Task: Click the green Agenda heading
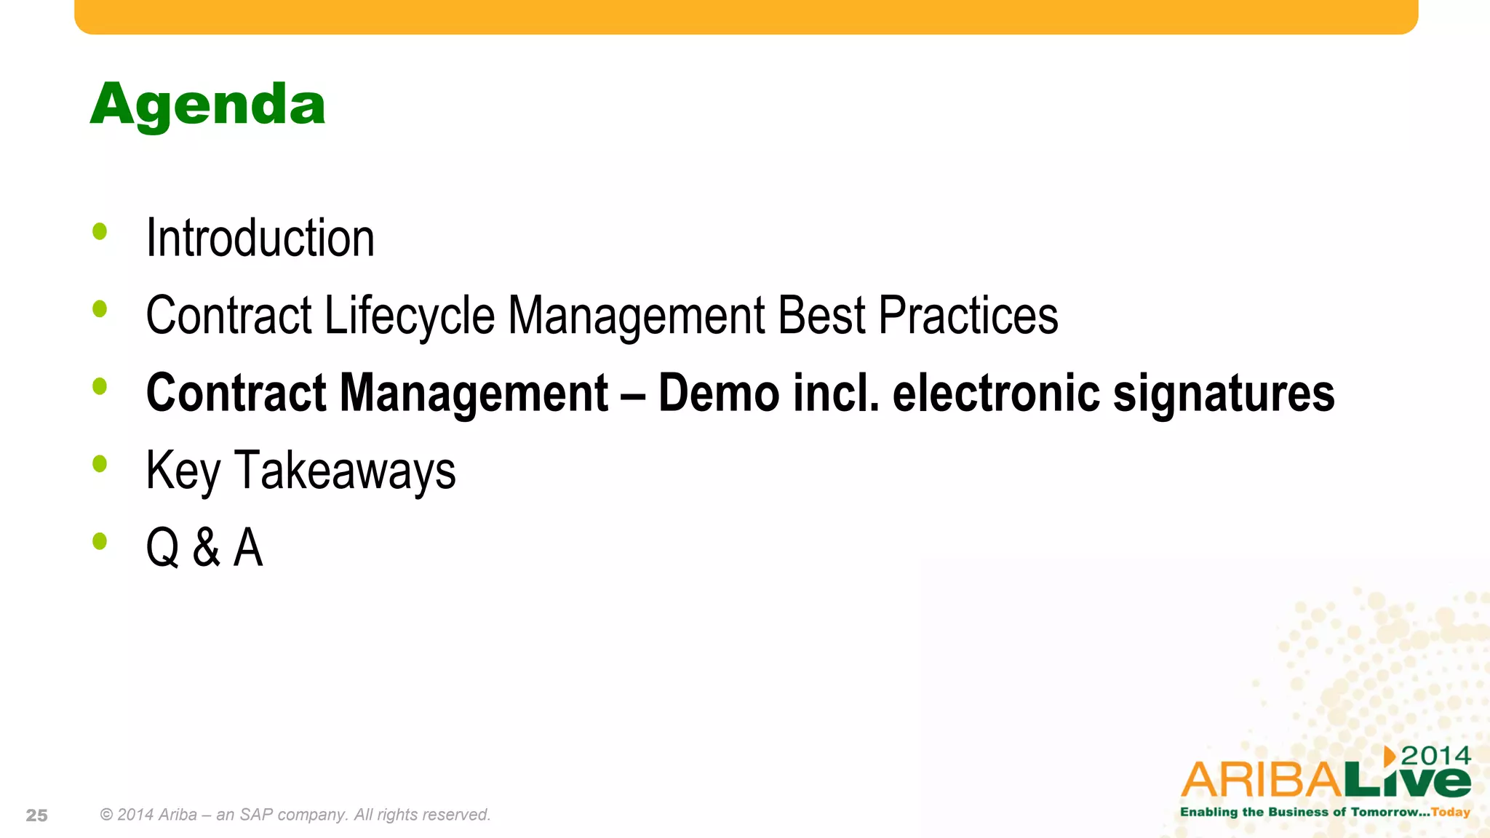207,105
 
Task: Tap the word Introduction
260,239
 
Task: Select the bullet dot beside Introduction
100,232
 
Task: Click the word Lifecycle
410,316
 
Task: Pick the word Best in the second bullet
821,316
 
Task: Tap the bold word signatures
1224,394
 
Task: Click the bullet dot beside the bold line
100,386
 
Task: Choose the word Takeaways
345,471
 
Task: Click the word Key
183,471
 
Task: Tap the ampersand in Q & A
207,548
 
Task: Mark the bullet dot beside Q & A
100,541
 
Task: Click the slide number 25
36,815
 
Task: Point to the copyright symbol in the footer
106,815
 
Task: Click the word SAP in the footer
256,815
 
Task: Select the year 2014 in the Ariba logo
1435,757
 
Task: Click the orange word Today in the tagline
1451,812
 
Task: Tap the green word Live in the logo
1407,779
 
